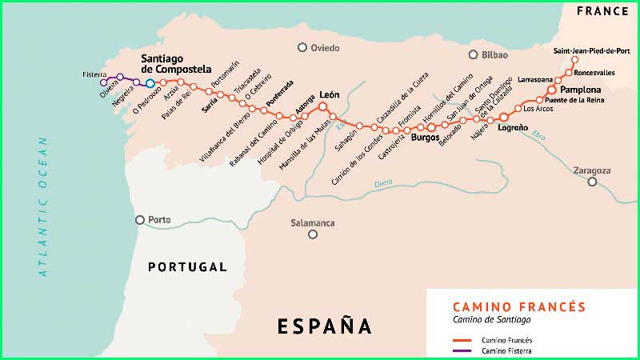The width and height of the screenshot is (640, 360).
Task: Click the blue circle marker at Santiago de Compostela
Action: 150,82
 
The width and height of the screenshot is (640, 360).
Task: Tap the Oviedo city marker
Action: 302,48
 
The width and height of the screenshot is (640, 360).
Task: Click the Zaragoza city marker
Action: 593,182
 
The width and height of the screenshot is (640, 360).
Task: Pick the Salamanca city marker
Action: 313,234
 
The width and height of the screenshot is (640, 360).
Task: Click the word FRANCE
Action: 602,12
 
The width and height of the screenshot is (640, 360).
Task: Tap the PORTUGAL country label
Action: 187,267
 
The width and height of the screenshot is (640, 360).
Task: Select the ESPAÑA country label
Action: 325,326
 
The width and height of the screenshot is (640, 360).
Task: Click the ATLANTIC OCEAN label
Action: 43,207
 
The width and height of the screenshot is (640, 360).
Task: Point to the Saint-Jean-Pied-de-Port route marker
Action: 574,60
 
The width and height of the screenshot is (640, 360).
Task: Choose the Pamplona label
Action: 581,90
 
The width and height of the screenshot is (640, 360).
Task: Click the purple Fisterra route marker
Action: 103,82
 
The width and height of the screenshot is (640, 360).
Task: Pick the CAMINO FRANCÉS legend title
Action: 519,307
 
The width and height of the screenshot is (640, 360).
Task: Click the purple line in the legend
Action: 462,350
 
